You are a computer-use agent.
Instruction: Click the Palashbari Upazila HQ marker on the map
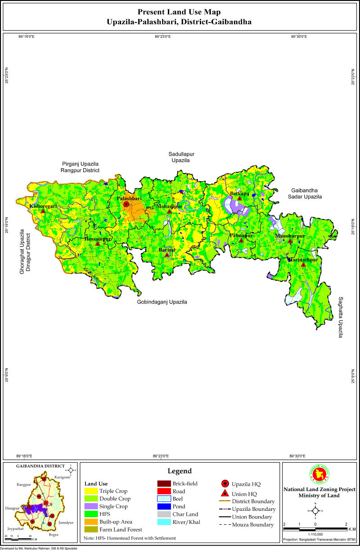(126, 204)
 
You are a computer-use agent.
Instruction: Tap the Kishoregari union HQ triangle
(43, 211)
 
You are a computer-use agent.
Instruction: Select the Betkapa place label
(239, 193)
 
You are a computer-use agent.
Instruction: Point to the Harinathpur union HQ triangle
(303, 265)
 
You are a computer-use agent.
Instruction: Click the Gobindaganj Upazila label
(162, 302)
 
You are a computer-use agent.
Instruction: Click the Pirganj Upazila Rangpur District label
(81, 167)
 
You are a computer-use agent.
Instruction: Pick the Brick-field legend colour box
(163, 483)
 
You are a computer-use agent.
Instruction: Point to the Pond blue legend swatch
(163, 506)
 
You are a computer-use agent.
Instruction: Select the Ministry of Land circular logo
(319, 474)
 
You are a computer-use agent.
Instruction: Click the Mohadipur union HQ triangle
(169, 211)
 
